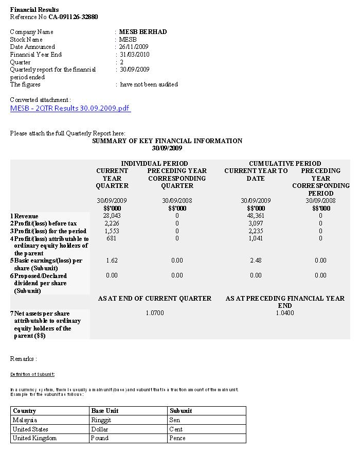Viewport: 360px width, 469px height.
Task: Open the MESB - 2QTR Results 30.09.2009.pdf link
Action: [x=70, y=108]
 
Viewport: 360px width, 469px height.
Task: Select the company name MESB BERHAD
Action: [x=143, y=32]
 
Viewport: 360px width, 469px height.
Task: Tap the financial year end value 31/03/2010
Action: [x=134, y=55]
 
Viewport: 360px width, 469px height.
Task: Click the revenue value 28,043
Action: [x=112, y=216]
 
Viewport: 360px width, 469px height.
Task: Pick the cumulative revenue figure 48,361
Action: [x=256, y=216]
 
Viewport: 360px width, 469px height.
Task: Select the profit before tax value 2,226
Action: [x=112, y=223]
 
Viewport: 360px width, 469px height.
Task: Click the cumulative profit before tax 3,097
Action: [x=256, y=223]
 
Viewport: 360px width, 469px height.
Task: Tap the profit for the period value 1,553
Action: [x=112, y=231]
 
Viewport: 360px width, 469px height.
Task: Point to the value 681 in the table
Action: [x=112, y=238]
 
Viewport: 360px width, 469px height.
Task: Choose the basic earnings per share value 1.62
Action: [x=112, y=260]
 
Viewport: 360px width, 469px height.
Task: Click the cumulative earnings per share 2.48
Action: [x=256, y=260]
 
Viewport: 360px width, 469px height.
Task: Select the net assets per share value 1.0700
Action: [x=155, y=313]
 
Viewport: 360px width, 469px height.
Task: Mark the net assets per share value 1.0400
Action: [x=285, y=313]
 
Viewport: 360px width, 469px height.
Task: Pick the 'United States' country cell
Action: [x=30, y=429]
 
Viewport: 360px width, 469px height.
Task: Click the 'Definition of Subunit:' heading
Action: [x=32, y=374]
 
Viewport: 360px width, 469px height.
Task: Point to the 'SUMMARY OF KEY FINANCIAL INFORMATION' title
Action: [x=167, y=141]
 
